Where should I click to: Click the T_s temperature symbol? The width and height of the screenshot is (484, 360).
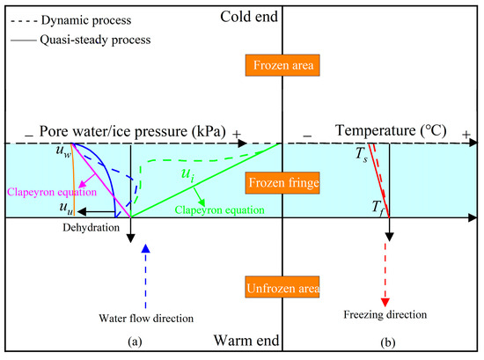coord(360,155)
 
